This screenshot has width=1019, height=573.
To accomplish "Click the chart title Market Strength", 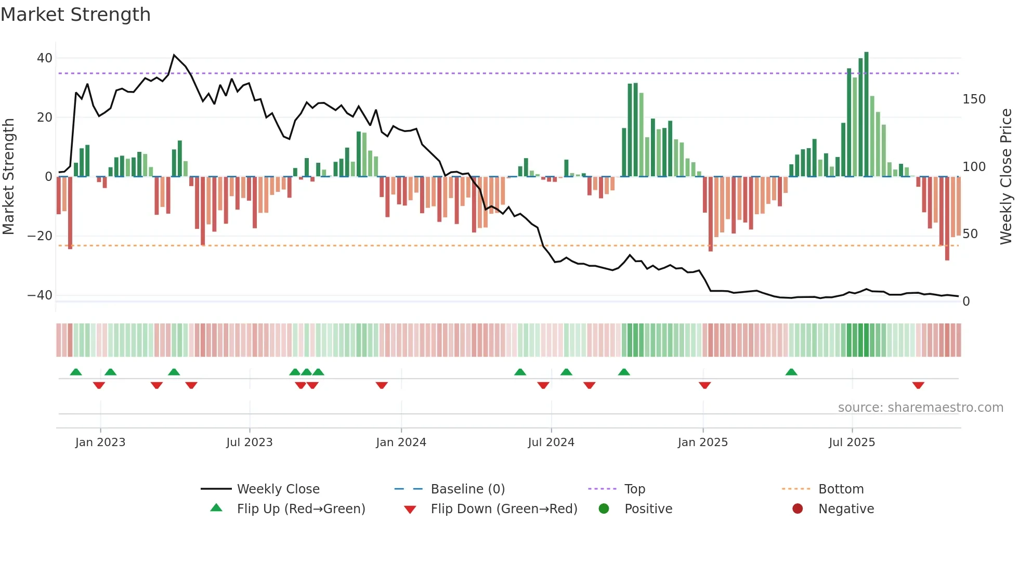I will tap(75, 15).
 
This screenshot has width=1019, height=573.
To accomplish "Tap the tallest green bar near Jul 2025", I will tap(866, 114).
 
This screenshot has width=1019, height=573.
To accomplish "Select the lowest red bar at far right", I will tap(947, 218).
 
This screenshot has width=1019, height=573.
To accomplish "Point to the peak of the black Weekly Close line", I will tap(174, 55).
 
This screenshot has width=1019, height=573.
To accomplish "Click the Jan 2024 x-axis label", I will tap(401, 442).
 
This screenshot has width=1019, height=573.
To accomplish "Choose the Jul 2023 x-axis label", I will tap(249, 442).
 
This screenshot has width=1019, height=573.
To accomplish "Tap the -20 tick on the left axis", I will tap(40, 236).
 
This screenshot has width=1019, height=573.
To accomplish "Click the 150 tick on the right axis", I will tap(974, 99).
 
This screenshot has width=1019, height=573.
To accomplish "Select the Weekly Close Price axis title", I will tap(1006, 177).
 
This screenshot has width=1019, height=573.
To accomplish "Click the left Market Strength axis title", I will tap(8, 177).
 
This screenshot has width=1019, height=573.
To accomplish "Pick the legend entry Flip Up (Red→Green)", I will tap(301, 509).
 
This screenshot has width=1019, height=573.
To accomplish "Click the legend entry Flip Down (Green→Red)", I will tap(503, 509).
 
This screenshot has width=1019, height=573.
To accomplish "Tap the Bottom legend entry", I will tap(841, 489).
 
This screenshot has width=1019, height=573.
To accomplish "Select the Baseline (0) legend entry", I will tap(467, 489).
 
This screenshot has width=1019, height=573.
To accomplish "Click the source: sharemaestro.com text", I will tap(920, 408).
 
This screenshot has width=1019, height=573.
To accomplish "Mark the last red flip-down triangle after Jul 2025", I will tap(918, 385).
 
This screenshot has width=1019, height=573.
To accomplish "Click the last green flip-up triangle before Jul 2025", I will tap(791, 372).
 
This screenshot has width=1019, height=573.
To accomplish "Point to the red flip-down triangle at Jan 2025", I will tap(704, 385).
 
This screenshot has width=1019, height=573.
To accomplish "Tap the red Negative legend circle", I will tap(798, 509).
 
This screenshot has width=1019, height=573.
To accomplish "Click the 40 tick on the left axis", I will tap(45, 58).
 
